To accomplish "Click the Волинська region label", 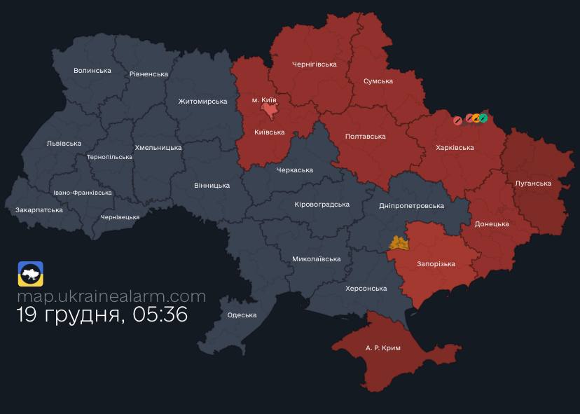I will (x=92, y=71).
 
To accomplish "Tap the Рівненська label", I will (x=149, y=74).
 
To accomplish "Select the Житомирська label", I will (x=202, y=102).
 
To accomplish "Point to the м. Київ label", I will (x=265, y=100).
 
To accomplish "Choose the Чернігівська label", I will (x=314, y=64).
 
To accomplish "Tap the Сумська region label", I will (x=378, y=81).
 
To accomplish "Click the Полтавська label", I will (x=366, y=137).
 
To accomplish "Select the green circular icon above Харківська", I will (x=483, y=118).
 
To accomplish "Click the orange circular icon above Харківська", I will (x=476, y=118).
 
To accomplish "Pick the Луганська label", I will (x=533, y=184).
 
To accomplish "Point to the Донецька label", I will (x=492, y=224).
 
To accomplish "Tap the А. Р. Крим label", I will (x=383, y=347).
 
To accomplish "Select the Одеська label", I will (x=242, y=315).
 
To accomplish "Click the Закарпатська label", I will (x=39, y=210).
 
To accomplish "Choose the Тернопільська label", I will (x=109, y=157).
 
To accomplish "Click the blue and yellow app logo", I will (x=31, y=274).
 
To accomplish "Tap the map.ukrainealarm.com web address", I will (x=111, y=296).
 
